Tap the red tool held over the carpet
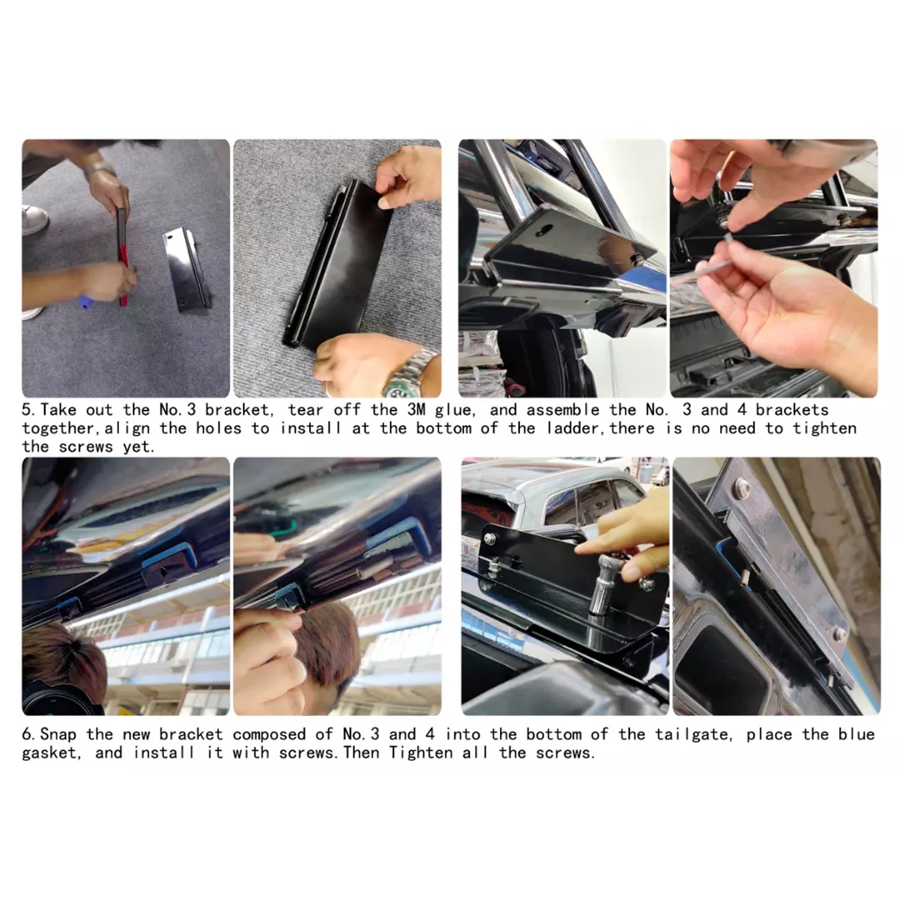[x=122, y=258]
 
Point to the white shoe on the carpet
[x=33, y=219]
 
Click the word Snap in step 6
[x=58, y=735]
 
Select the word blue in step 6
[x=857, y=735]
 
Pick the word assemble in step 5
[x=562, y=410]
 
